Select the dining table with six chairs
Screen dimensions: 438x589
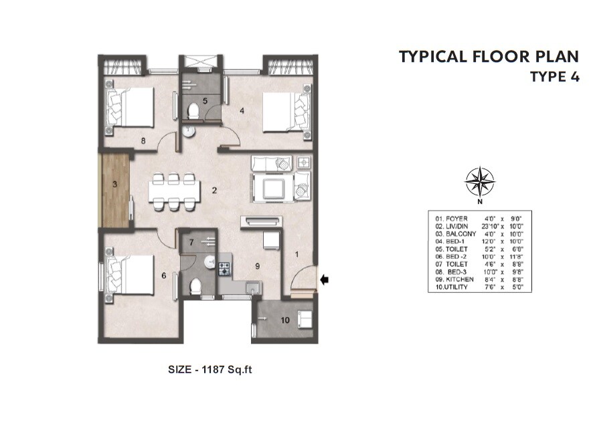(x=174, y=192)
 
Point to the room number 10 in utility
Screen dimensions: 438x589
(x=285, y=320)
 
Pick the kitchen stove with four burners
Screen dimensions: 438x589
(x=224, y=269)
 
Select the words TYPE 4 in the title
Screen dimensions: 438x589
(x=554, y=76)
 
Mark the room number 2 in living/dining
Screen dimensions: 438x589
(x=214, y=191)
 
